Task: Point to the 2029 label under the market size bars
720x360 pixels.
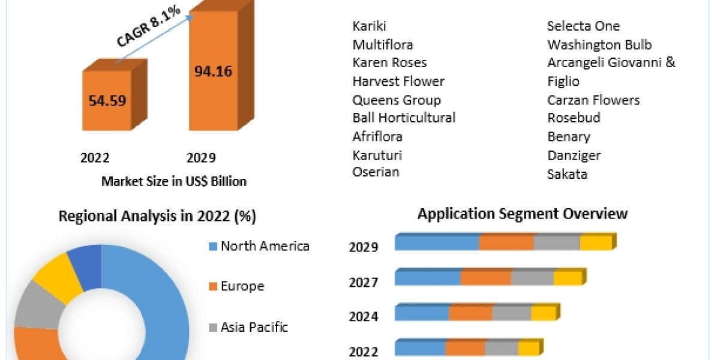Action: pyautogui.click(x=200, y=158)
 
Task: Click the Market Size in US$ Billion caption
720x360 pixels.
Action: pyautogui.click(x=174, y=181)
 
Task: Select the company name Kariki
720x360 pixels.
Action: pyautogui.click(x=370, y=26)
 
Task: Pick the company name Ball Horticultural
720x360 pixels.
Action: pyautogui.click(x=404, y=118)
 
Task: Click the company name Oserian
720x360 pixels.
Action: pyautogui.click(x=376, y=172)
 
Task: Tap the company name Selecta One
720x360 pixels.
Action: pyautogui.click(x=583, y=26)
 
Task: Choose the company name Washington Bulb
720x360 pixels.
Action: pyautogui.click(x=599, y=44)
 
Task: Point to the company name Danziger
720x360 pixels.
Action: pyautogui.click(x=574, y=155)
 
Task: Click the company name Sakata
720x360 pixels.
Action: pyautogui.click(x=567, y=174)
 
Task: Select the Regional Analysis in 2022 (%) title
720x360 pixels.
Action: pyautogui.click(x=157, y=217)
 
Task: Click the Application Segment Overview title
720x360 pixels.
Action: pyautogui.click(x=523, y=214)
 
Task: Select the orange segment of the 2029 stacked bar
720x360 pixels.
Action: pyautogui.click(x=506, y=243)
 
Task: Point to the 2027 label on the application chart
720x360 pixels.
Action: pyautogui.click(x=364, y=282)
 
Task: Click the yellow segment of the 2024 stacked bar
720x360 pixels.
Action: pyautogui.click(x=543, y=313)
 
